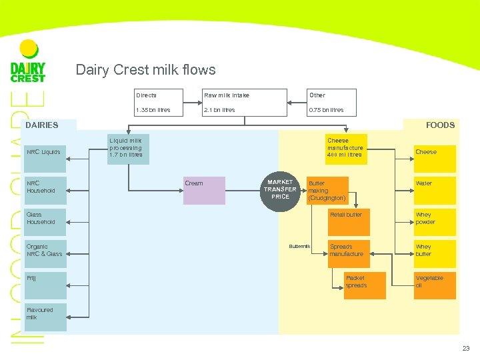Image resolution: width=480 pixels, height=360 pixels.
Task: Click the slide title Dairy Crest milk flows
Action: pyautogui.click(x=145, y=70)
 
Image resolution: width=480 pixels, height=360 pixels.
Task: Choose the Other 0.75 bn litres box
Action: pyautogui.click(x=331, y=102)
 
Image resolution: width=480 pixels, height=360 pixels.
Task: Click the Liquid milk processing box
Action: pyautogui.click(x=128, y=148)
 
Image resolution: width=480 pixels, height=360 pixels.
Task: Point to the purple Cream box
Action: pyautogui.click(x=205, y=190)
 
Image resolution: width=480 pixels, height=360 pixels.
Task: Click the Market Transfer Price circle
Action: pyautogui.click(x=281, y=189)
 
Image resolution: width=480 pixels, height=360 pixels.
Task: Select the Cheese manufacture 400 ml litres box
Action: pyautogui.click(x=345, y=148)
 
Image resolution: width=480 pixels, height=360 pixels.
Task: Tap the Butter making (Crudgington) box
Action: pyautogui.click(x=327, y=190)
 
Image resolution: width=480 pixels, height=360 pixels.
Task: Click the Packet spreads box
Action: pyautogui.click(x=355, y=281)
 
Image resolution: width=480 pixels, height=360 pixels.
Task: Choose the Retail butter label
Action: pyautogui.click(x=346, y=215)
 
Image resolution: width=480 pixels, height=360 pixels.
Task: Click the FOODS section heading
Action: pyautogui.click(x=440, y=125)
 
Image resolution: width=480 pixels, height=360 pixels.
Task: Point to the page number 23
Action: pyautogui.click(x=465, y=348)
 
